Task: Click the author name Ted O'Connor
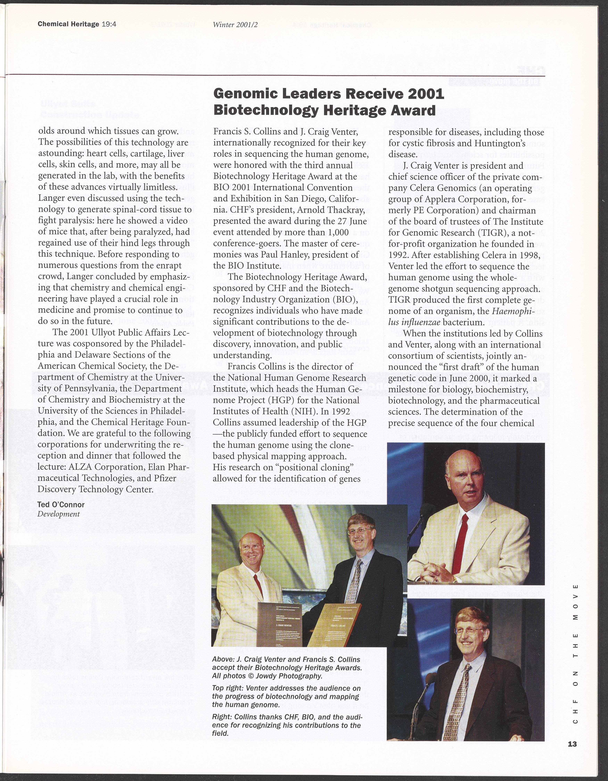(61, 505)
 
